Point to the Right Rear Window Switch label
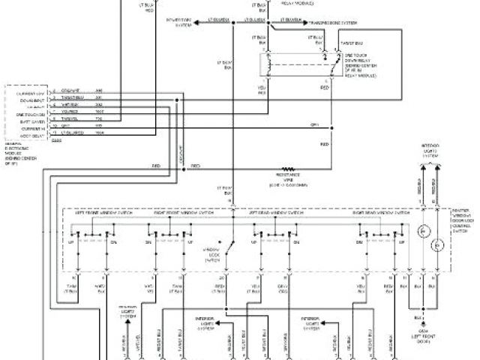[375, 213]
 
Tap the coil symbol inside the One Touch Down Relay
[267, 65]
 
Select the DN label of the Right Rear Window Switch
[361, 244]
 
